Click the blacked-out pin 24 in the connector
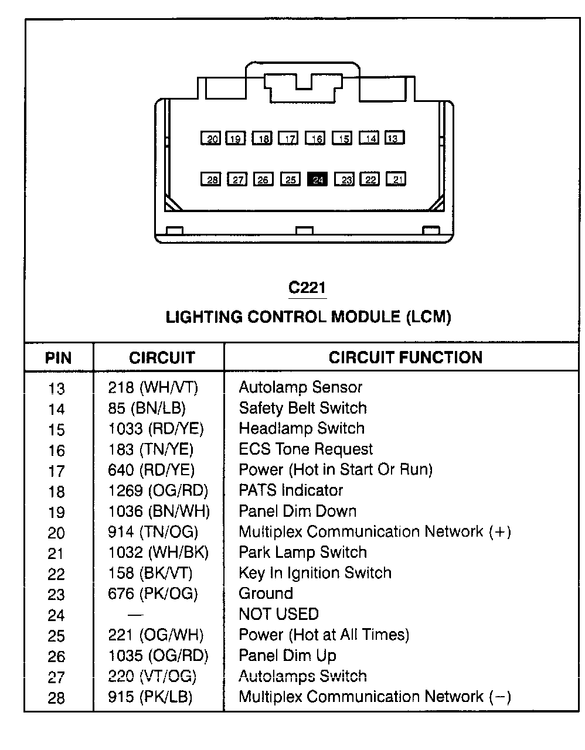(317, 179)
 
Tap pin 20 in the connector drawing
(210, 138)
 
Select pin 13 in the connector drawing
(394, 137)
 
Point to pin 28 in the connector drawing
(210, 179)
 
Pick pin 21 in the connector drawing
(396, 179)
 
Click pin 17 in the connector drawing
(288, 138)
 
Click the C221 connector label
(307, 287)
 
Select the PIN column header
(59, 357)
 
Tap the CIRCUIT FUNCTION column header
(406, 357)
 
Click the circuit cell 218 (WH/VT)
(153, 388)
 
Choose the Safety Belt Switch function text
(302, 408)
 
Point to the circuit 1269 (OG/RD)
(158, 490)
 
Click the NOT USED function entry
(279, 614)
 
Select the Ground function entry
(266, 594)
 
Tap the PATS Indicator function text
(291, 490)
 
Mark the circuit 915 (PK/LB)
(150, 697)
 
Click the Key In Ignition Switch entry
(315, 573)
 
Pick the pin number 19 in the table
(57, 512)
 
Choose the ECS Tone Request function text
(306, 449)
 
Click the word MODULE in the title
(366, 317)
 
